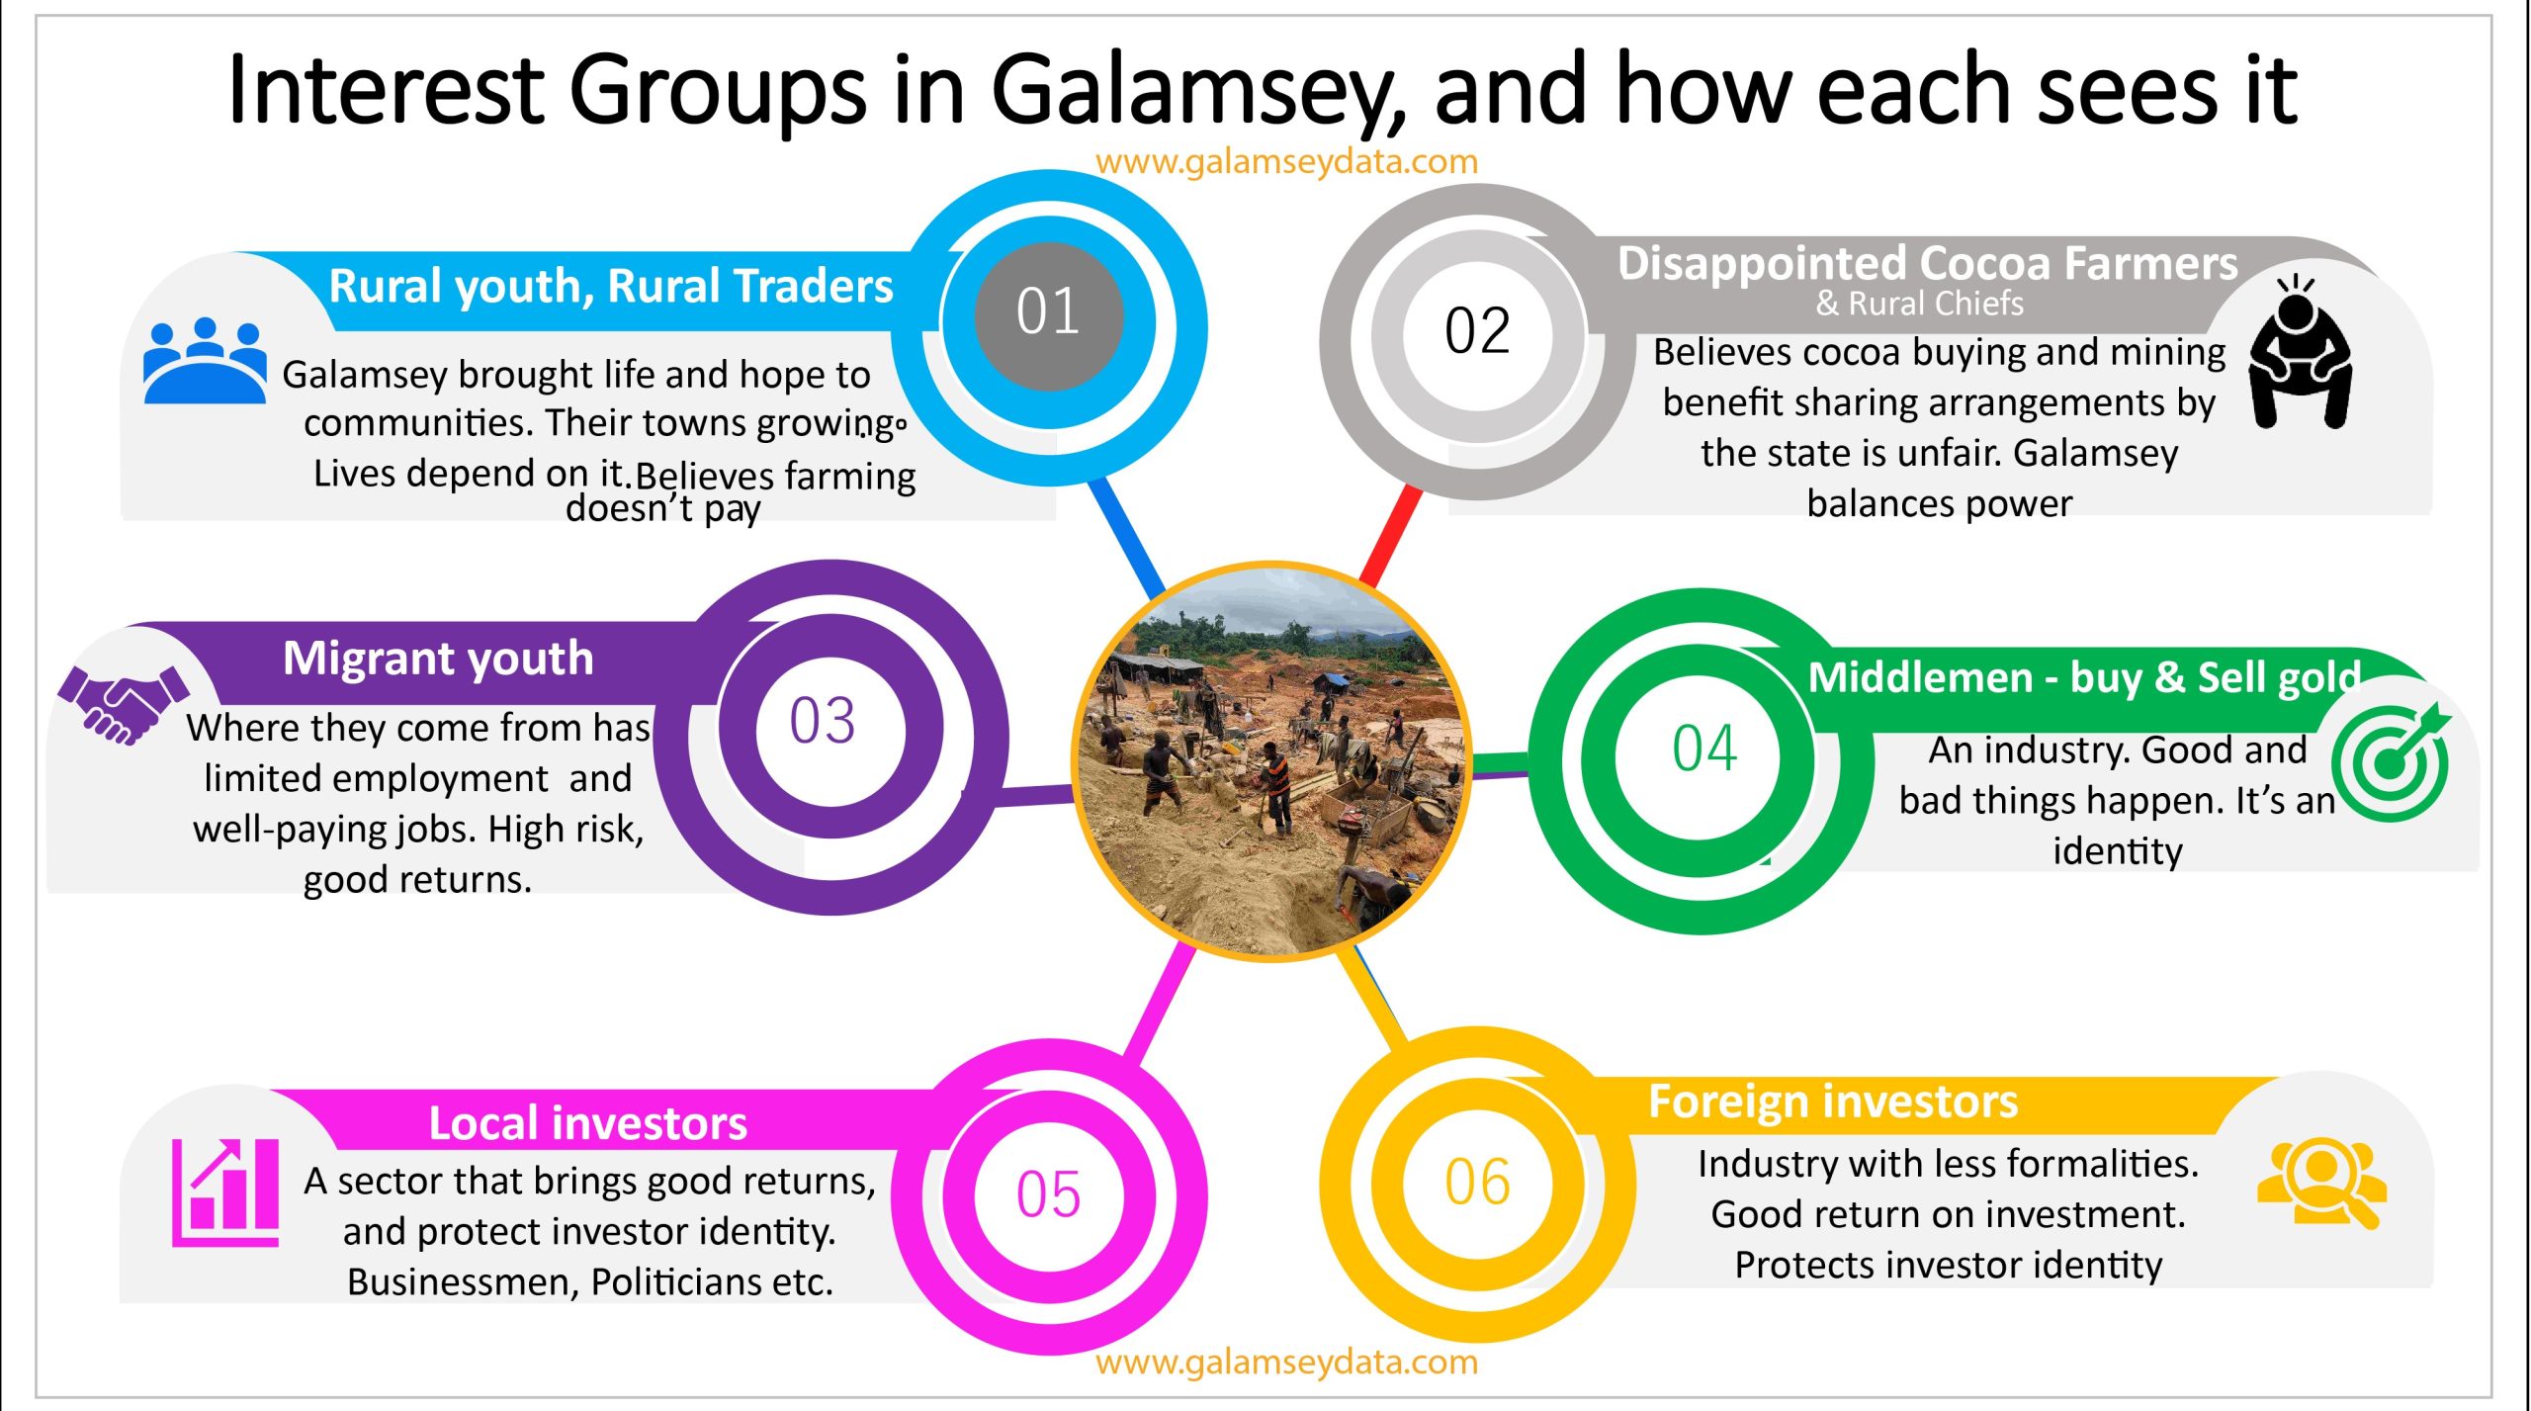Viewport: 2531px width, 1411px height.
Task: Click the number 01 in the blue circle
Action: [1048, 311]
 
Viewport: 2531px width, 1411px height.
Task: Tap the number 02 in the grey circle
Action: [1477, 330]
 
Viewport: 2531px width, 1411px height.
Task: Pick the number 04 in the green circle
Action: [1704, 748]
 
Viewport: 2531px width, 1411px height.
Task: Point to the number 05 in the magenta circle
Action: [1048, 1194]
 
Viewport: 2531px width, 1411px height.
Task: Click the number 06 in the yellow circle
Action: [1477, 1183]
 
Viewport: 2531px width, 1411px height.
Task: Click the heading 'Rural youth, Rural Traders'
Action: [611, 287]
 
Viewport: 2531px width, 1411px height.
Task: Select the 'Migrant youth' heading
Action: [438, 659]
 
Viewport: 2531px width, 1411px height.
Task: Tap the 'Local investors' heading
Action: [588, 1123]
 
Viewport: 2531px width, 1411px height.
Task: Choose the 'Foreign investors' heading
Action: [1833, 1102]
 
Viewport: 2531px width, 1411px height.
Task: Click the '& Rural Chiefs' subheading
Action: [1920, 304]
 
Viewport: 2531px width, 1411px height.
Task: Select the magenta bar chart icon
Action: [225, 1192]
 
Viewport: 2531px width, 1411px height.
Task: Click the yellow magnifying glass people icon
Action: [2321, 1185]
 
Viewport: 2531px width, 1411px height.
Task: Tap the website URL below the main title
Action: [1286, 161]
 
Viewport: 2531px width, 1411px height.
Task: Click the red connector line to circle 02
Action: [1391, 536]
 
